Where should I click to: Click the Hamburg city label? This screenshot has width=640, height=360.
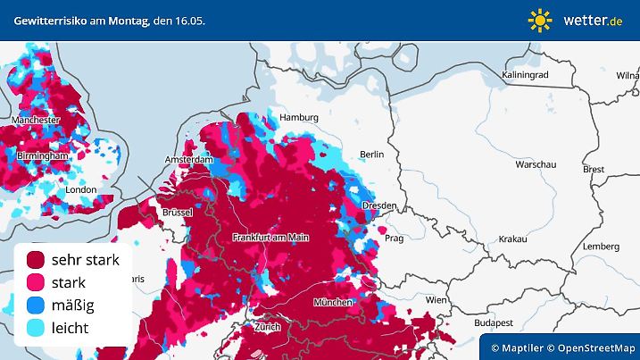coord(299,118)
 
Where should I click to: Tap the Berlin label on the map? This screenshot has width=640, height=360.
coord(370,155)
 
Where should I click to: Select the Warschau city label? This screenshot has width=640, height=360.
coord(536,165)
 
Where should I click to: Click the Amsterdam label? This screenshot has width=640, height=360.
coord(188,160)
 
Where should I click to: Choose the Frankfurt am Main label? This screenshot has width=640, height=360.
coord(270,237)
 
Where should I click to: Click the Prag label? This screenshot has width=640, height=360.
coord(395,239)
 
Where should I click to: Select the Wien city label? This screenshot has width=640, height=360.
coord(436,300)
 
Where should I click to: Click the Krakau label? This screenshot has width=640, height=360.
coord(512,239)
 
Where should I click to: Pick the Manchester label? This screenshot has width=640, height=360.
coord(36,120)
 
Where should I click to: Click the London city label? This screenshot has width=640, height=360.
coord(80,189)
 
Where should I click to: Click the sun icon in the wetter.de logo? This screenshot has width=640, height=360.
coord(540,20)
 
